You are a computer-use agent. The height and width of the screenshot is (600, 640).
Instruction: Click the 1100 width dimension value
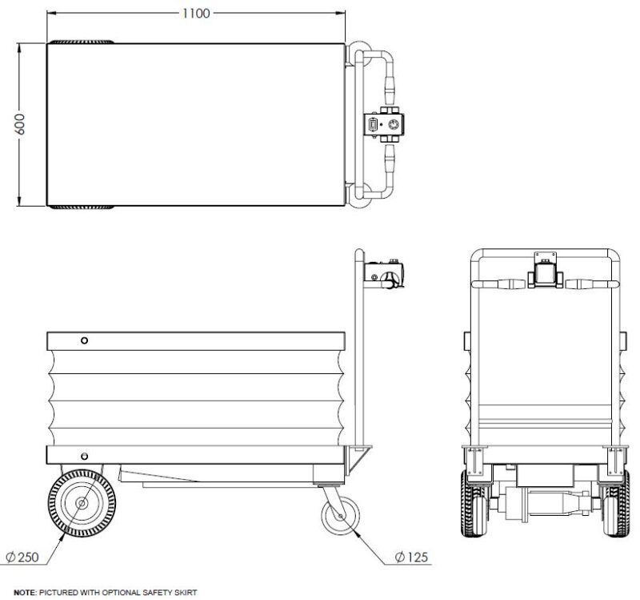click(196, 14)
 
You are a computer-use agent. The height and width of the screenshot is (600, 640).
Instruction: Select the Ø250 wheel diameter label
click(23, 556)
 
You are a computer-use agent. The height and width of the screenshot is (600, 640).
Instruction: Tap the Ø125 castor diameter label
click(411, 556)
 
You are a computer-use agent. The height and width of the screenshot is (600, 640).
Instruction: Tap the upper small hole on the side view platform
click(83, 342)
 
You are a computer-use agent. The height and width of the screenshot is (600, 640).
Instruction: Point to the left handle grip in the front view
click(500, 283)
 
